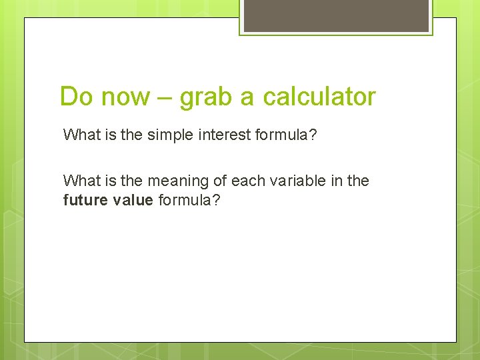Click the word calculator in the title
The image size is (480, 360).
point(319,97)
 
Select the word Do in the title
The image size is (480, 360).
point(77,97)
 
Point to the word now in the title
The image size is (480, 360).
point(126,97)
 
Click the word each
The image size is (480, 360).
point(246,181)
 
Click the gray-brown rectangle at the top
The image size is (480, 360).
point(336,15)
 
